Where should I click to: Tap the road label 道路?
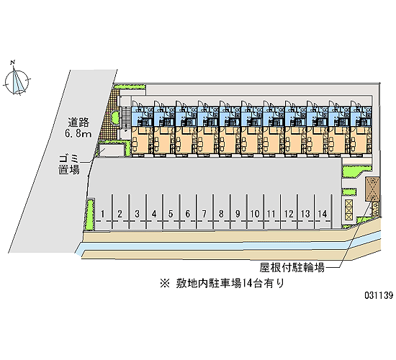78,122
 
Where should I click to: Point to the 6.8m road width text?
78,133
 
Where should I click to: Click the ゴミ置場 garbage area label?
69,164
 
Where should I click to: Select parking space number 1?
102,214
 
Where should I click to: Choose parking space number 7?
204,214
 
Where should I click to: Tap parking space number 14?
323,214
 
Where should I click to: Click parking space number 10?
255,214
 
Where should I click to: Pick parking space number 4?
154,214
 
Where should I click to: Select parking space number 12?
289,214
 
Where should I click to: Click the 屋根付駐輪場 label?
292,267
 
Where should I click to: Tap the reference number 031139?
379,294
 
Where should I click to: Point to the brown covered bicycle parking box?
372,189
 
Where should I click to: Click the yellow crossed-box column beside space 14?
348,210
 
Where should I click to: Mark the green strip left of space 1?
89,215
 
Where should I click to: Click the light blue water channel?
228,246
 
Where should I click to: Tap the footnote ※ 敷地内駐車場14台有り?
222,283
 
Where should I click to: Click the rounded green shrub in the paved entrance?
115,117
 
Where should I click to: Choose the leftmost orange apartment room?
142,140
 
